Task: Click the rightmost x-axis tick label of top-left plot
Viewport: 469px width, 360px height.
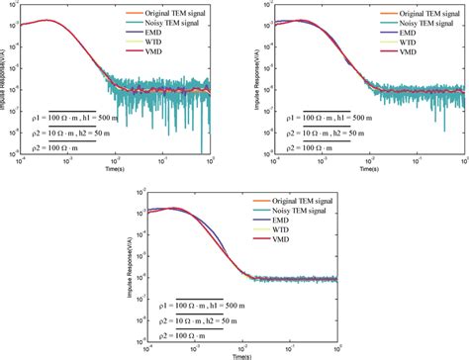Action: [210, 161]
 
